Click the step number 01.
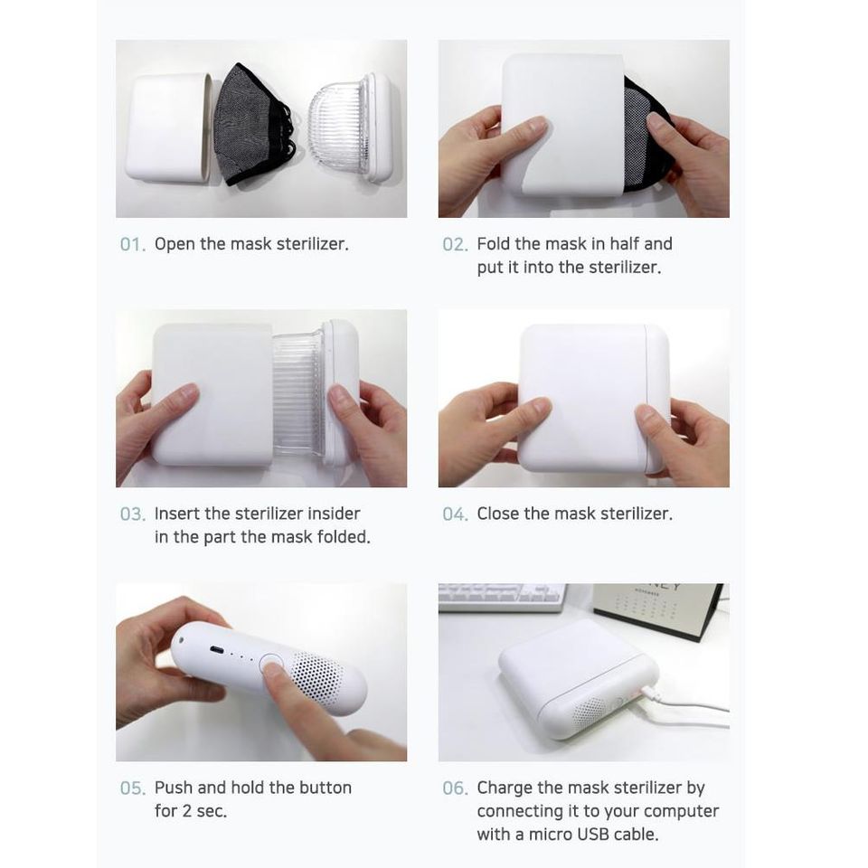point(133,244)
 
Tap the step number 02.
point(455,244)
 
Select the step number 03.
point(133,514)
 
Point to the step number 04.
point(455,514)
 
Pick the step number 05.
point(133,788)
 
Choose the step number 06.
point(455,788)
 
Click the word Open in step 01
point(175,245)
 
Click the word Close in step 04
point(498,514)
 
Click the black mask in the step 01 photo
point(254,125)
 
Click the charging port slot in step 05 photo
point(216,649)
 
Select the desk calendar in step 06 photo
point(657,609)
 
